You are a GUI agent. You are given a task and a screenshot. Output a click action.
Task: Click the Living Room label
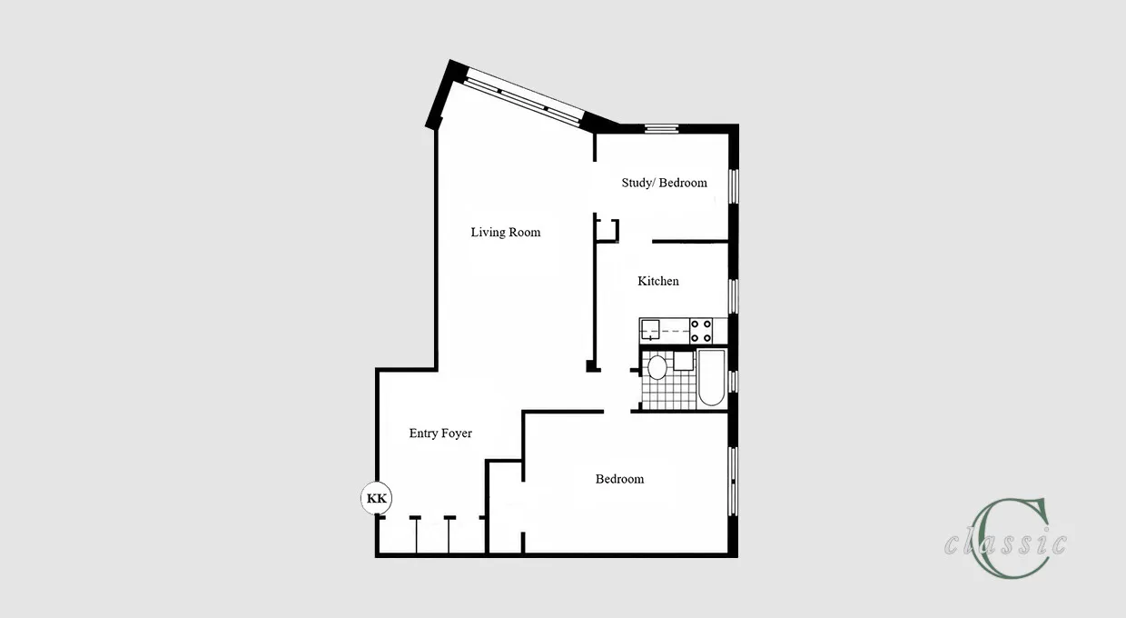pos(506,232)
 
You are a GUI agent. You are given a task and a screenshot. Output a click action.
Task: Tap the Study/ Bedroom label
pos(664,183)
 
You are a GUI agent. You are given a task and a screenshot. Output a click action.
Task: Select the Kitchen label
pos(658,281)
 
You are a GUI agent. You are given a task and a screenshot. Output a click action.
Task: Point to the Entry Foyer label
pos(440,434)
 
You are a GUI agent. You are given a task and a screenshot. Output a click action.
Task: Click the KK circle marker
pos(377,498)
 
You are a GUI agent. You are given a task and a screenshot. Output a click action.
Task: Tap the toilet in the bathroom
pos(657,367)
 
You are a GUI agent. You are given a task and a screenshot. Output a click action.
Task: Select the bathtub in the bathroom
pos(711,377)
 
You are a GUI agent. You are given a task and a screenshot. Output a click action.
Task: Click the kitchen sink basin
pos(650,331)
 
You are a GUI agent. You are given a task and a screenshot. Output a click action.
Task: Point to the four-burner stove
pos(701,331)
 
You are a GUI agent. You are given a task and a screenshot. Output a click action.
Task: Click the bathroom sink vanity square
pos(683,361)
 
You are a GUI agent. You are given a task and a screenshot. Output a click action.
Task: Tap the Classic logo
pos(1005,539)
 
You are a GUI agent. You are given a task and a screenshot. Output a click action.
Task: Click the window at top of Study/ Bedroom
pos(661,129)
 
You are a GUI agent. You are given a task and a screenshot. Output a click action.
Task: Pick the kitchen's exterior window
pos(734,296)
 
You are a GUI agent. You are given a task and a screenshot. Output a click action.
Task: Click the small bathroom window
pos(734,381)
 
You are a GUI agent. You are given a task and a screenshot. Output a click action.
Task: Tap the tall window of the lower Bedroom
pos(734,482)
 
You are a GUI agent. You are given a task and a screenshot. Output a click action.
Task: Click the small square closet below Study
pos(607,231)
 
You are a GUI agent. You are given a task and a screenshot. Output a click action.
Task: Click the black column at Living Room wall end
pos(593,366)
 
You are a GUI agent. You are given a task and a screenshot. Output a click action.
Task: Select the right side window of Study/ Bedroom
pos(734,186)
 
